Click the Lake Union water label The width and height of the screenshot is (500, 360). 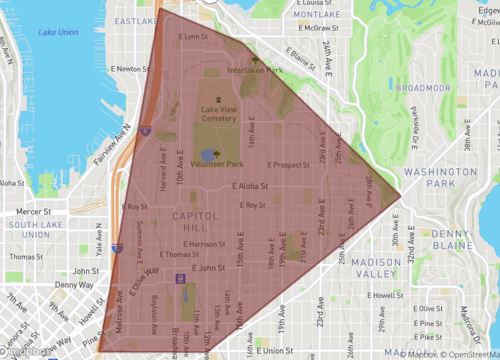pyautogui.click(x=59, y=32)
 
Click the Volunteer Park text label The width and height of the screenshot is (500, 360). pyautogui.click(x=216, y=163)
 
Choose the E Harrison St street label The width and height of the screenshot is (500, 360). pyautogui.click(x=205, y=243)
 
